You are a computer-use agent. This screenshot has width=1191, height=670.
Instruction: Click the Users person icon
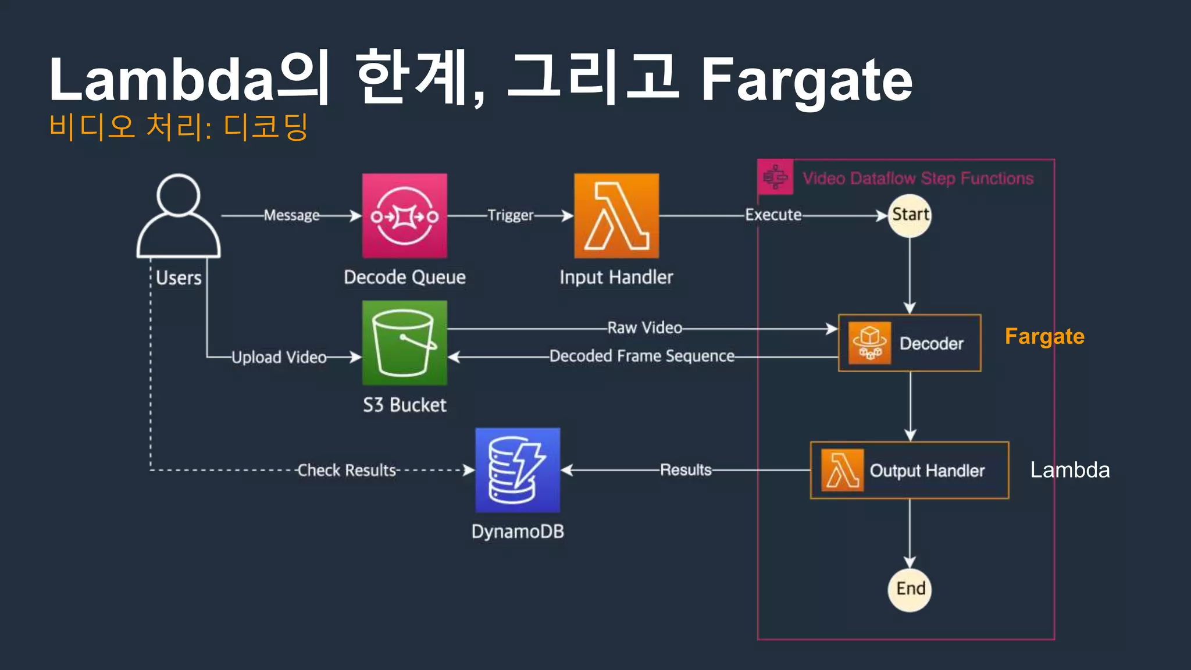179,216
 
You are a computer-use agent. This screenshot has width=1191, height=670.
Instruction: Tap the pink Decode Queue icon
405,216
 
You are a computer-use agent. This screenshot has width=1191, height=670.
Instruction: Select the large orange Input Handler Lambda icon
616,216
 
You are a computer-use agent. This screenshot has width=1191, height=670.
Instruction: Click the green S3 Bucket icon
405,343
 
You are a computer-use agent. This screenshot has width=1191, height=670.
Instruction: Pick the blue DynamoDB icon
518,470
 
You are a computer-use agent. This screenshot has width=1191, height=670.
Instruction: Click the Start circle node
910,215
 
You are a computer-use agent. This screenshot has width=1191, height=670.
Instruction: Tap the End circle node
910,589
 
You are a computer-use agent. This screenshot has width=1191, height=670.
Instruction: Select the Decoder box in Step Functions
910,343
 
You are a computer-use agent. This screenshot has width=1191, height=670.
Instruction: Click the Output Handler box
910,470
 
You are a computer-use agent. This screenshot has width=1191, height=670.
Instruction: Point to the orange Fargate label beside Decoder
1044,337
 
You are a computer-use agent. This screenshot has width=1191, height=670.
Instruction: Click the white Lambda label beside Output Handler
1069,470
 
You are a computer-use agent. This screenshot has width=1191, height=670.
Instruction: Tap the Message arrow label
292,215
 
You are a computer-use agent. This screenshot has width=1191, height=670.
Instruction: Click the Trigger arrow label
510,215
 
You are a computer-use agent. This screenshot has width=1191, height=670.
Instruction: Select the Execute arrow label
773,215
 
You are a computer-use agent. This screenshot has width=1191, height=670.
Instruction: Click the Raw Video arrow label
644,328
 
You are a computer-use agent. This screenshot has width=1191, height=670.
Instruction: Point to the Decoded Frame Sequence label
641,356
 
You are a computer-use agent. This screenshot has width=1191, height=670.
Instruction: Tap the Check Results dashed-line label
347,470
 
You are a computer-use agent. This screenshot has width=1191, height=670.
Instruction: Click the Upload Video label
279,357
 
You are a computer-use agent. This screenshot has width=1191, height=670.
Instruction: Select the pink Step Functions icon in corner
775,177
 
